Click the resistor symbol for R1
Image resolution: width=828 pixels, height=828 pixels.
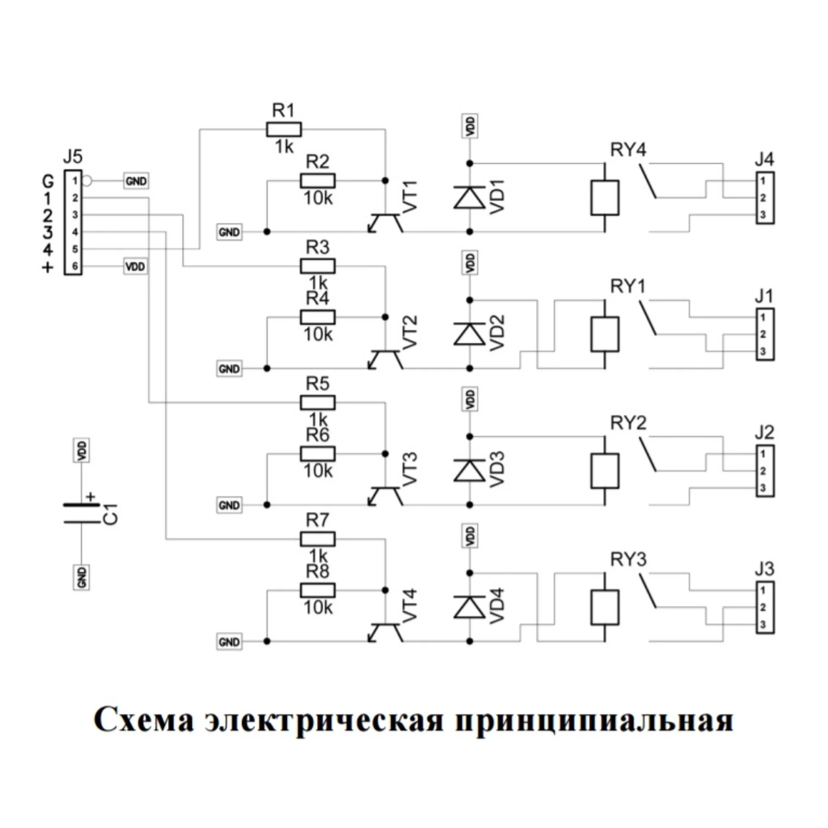tap(284, 129)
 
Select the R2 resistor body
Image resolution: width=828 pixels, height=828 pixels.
tap(317, 181)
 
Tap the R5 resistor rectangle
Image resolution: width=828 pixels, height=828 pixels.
tap(317, 403)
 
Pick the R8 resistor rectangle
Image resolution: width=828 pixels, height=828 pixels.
tap(317, 590)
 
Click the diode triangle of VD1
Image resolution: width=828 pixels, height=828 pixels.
tap(470, 198)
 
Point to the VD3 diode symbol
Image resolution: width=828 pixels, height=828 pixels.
tap(470, 470)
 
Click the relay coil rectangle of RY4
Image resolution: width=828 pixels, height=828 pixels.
tap(605, 198)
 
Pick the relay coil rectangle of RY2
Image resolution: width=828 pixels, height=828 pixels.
tap(605, 470)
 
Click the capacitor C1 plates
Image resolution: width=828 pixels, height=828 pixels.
tap(82, 513)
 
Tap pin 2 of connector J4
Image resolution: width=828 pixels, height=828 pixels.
tap(763, 198)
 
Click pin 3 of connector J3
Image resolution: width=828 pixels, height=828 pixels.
tap(763, 624)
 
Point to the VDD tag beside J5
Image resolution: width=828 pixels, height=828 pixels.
tap(135, 267)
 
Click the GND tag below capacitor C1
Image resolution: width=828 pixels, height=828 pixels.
tap(82, 577)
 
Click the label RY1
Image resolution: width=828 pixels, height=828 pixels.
tap(628, 286)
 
